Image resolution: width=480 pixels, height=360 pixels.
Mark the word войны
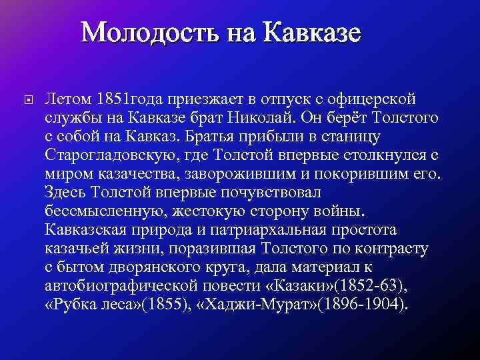click(339, 211)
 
